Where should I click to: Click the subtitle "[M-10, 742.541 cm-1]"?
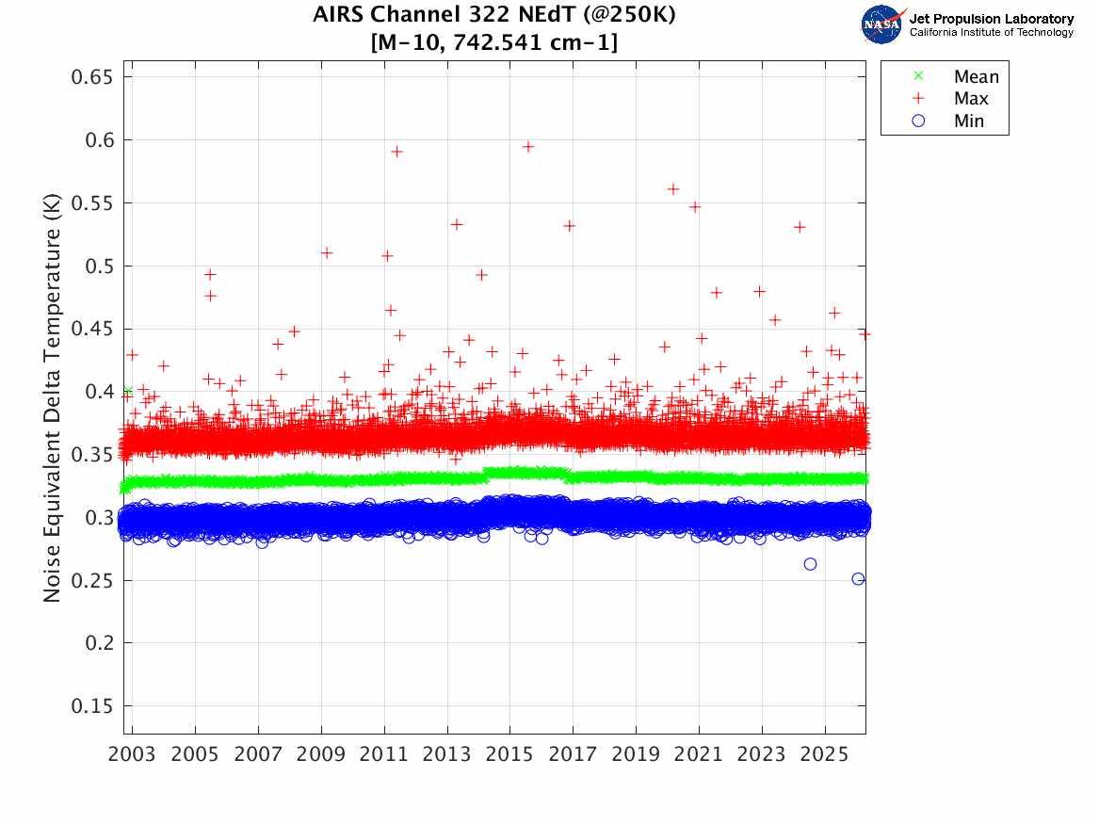(x=495, y=41)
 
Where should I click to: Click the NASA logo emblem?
(x=883, y=24)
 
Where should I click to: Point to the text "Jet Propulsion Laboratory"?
(x=991, y=19)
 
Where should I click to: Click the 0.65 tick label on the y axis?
(x=92, y=77)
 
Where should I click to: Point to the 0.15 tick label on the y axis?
(x=92, y=706)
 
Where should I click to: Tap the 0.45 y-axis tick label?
(x=92, y=329)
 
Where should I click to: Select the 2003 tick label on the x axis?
(x=133, y=754)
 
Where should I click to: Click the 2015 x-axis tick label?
(x=509, y=754)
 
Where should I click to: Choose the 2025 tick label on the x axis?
(x=824, y=754)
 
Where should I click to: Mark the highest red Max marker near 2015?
(x=528, y=146)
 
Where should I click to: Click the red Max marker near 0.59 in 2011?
(x=396, y=152)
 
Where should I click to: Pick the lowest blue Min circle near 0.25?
(x=858, y=578)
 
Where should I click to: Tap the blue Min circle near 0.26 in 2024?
(x=810, y=564)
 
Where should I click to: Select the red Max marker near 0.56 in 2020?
(x=673, y=189)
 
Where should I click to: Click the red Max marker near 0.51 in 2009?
(x=327, y=252)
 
